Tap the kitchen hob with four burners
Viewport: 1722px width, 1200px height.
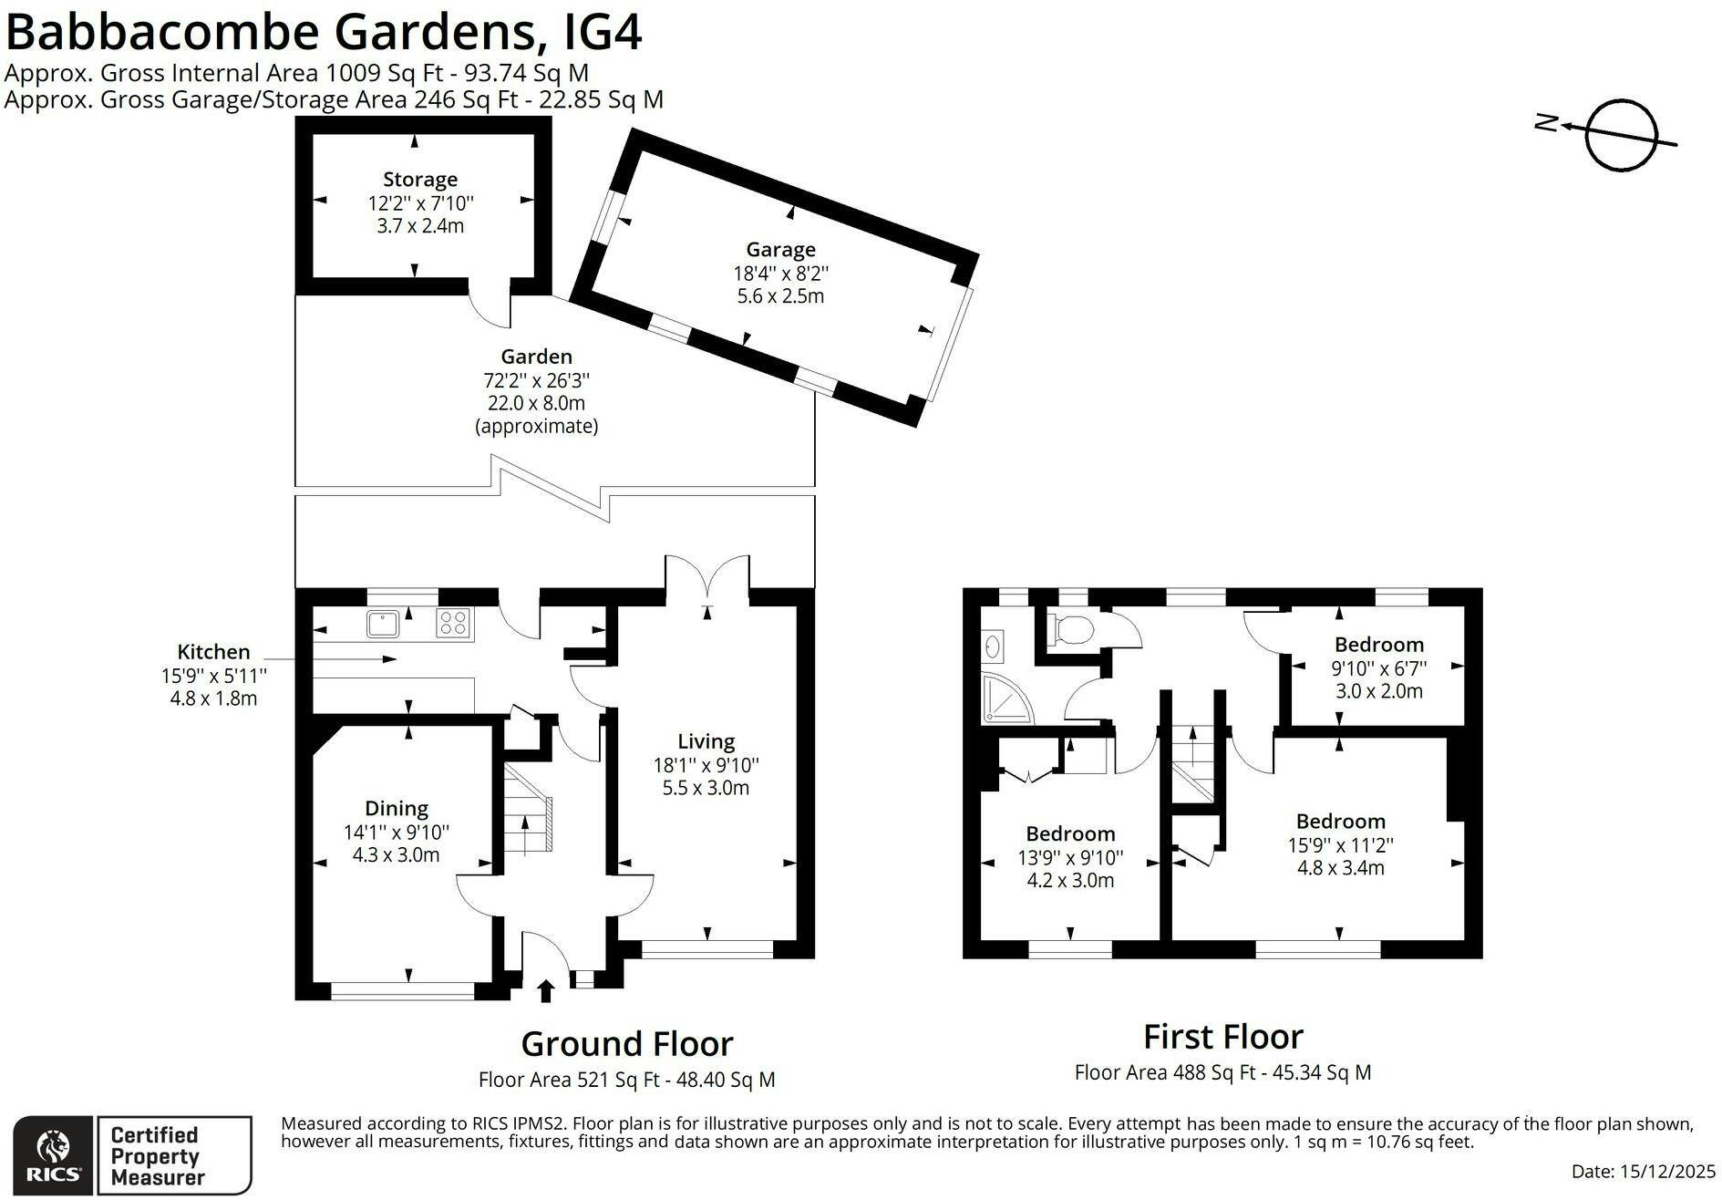[x=454, y=623]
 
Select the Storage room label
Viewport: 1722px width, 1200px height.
[x=420, y=180]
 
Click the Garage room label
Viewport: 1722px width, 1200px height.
[x=781, y=249]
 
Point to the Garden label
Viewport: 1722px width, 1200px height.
[x=537, y=357]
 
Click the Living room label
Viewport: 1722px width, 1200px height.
[x=706, y=742]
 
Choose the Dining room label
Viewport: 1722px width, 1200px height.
[x=397, y=808]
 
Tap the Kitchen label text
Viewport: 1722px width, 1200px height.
[x=213, y=652]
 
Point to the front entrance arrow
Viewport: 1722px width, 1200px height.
[x=546, y=991]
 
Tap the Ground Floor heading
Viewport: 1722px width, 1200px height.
[x=627, y=1043]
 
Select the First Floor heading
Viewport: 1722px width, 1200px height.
[x=1223, y=1037]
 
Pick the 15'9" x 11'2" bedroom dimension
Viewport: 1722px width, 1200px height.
[x=1341, y=845]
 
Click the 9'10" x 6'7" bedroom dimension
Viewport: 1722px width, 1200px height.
[x=1379, y=668]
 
